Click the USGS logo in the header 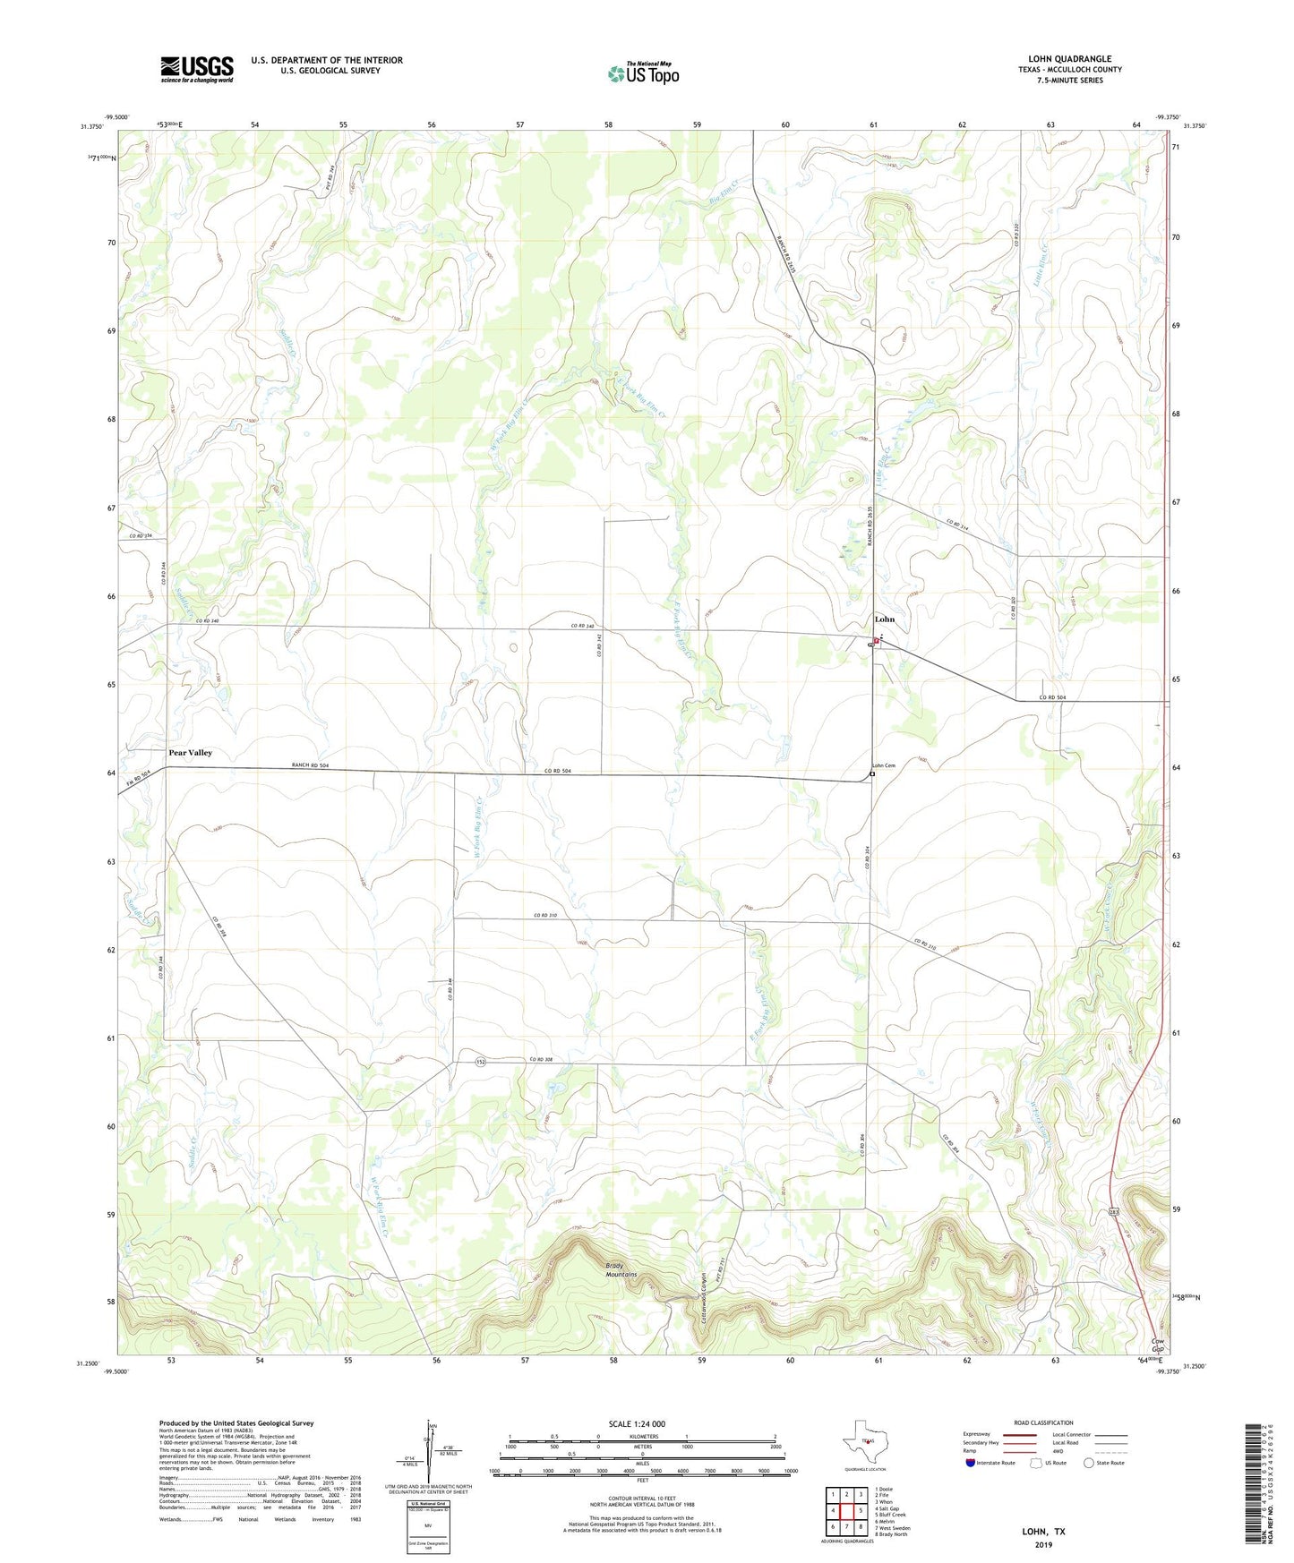[x=196, y=69]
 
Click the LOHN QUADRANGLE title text [x=1069, y=58]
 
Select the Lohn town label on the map [x=884, y=619]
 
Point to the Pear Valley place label [x=191, y=753]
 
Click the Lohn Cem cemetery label [x=884, y=765]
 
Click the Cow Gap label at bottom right [x=1158, y=1345]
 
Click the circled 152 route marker [x=480, y=1061]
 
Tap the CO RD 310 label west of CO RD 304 [x=544, y=915]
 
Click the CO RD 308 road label [x=542, y=1060]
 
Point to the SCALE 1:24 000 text [x=637, y=1423]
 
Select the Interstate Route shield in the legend [x=972, y=1463]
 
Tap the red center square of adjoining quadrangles [x=846, y=1511]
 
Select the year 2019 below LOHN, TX [x=1043, y=1544]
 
